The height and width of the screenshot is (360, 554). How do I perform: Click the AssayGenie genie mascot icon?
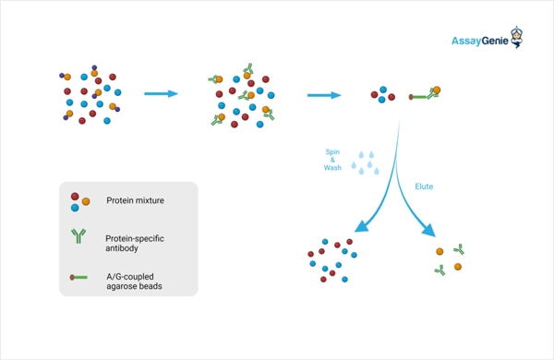tap(517, 37)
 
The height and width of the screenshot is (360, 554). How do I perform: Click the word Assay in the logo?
tap(466, 42)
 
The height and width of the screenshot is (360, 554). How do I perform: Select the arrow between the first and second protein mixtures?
tap(161, 93)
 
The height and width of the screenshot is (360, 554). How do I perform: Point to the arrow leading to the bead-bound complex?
tap(324, 95)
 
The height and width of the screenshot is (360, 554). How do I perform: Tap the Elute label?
tap(424, 186)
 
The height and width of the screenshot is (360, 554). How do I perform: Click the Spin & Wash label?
tap(332, 160)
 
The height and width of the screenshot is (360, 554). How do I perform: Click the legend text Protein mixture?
tap(136, 200)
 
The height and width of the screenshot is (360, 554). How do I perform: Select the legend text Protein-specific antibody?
tap(135, 243)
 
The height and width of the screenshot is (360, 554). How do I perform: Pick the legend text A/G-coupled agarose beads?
tap(134, 282)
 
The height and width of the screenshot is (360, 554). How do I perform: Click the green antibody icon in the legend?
tap(78, 236)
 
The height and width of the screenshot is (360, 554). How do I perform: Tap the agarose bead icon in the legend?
tap(78, 277)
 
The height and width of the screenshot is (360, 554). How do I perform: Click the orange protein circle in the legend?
tap(86, 201)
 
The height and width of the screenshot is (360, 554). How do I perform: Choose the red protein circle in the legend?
tap(75, 197)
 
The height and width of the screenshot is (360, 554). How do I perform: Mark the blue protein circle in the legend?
tap(75, 208)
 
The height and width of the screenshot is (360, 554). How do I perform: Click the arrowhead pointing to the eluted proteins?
tap(429, 230)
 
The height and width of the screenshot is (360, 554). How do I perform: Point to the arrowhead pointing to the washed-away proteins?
tap(361, 226)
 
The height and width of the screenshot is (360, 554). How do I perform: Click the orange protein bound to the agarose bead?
tap(437, 90)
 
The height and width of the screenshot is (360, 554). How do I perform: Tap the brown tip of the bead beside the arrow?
tap(411, 97)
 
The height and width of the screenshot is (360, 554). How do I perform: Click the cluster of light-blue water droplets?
tap(366, 162)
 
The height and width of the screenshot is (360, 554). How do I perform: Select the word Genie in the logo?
tap(495, 41)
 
